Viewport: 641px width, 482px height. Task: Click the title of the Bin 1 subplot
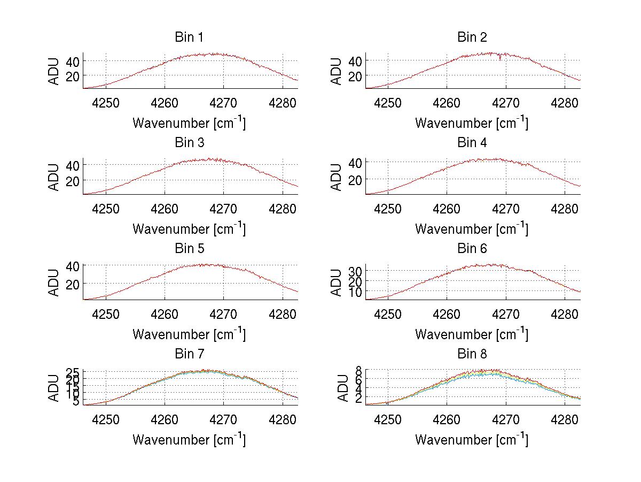coord(189,37)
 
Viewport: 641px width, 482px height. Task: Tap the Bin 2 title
coord(472,37)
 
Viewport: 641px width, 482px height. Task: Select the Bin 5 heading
coord(189,249)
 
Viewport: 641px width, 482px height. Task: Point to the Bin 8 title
coord(472,354)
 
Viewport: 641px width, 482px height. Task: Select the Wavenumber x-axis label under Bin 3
coord(189,228)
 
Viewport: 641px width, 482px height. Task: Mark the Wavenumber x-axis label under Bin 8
coord(472,440)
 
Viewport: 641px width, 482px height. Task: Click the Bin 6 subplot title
coord(472,249)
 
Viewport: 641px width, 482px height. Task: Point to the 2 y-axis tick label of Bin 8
coord(359,399)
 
